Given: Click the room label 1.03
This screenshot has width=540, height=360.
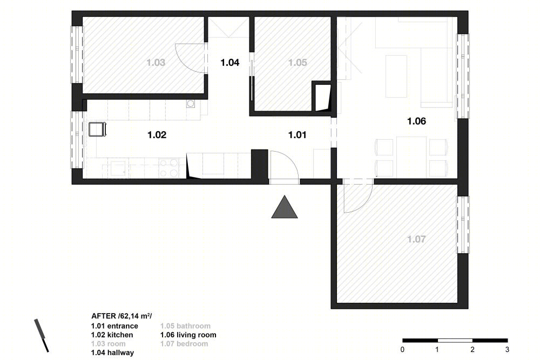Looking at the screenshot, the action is pyautogui.click(x=156, y=63).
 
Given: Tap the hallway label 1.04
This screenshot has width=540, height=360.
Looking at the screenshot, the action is pyautogui.click(x=230, y=63).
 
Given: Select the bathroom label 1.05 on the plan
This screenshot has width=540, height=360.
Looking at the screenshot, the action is pyautogui.click(x=297, y=63).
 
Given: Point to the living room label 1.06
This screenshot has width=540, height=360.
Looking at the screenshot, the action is pyautogui.click(x=416, y=121).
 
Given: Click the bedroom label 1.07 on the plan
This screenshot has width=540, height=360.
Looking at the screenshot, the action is pyautogui.click(x=416, y=239).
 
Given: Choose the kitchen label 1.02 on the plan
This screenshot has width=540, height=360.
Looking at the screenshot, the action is pyautogui.click(x=157, y=135).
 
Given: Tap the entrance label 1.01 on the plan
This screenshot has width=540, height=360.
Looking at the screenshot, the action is pyautogui.click(x=297, y=135).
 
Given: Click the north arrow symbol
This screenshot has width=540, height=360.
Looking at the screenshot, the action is pyautogui.click(x=42, y=336).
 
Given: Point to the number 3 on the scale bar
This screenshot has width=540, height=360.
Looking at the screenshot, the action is pyautogui.click(x=507, y=350).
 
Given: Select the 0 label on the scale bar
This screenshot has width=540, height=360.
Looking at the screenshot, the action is pyautogui.click(x=402, y=350).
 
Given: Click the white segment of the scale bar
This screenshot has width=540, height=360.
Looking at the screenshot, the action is pyautogui.click(x=455, y=341).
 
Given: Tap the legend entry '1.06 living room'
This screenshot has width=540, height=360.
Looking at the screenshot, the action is pyautogui.click(x=188, y=335).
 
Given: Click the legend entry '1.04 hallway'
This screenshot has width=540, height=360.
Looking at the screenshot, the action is pyautogui.click(x=112, y=352).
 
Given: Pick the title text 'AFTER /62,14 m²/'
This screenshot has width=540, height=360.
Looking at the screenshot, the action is pyautogui.click(x=121, y=316).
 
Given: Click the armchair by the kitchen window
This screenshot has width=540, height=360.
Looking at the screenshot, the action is pyautogui.click(x=97, y=130).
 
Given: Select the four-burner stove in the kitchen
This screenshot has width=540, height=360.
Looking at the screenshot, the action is pyautogui.click(x=168, y=168).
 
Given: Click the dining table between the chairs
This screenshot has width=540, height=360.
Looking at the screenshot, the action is pyautogui.click(x=411, y=157).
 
